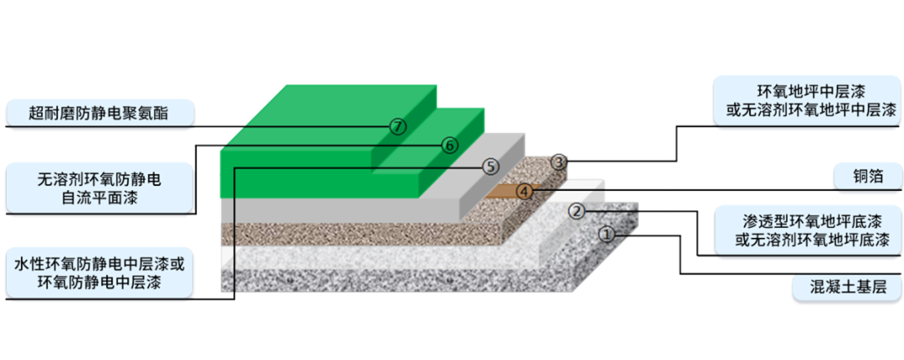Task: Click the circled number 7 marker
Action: pyautogui.click(x=398, y=127)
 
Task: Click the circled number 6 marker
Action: pyautogui.click(x=449, y=145)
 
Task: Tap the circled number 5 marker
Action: pyautogui.click(x=491, y=166)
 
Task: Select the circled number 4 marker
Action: pyautogui.click(x=524, y=191)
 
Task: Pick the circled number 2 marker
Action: pyautogui.click(x=576, y=211)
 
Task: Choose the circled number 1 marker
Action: pyautogui.click(x=608, y=234)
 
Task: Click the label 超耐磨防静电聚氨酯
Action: pyautogui.click(x=99, y=113)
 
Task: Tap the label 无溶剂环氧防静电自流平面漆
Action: pyautogui.click(x=99, y=188)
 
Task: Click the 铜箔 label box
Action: pyautogui.click(x=867, y=177)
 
